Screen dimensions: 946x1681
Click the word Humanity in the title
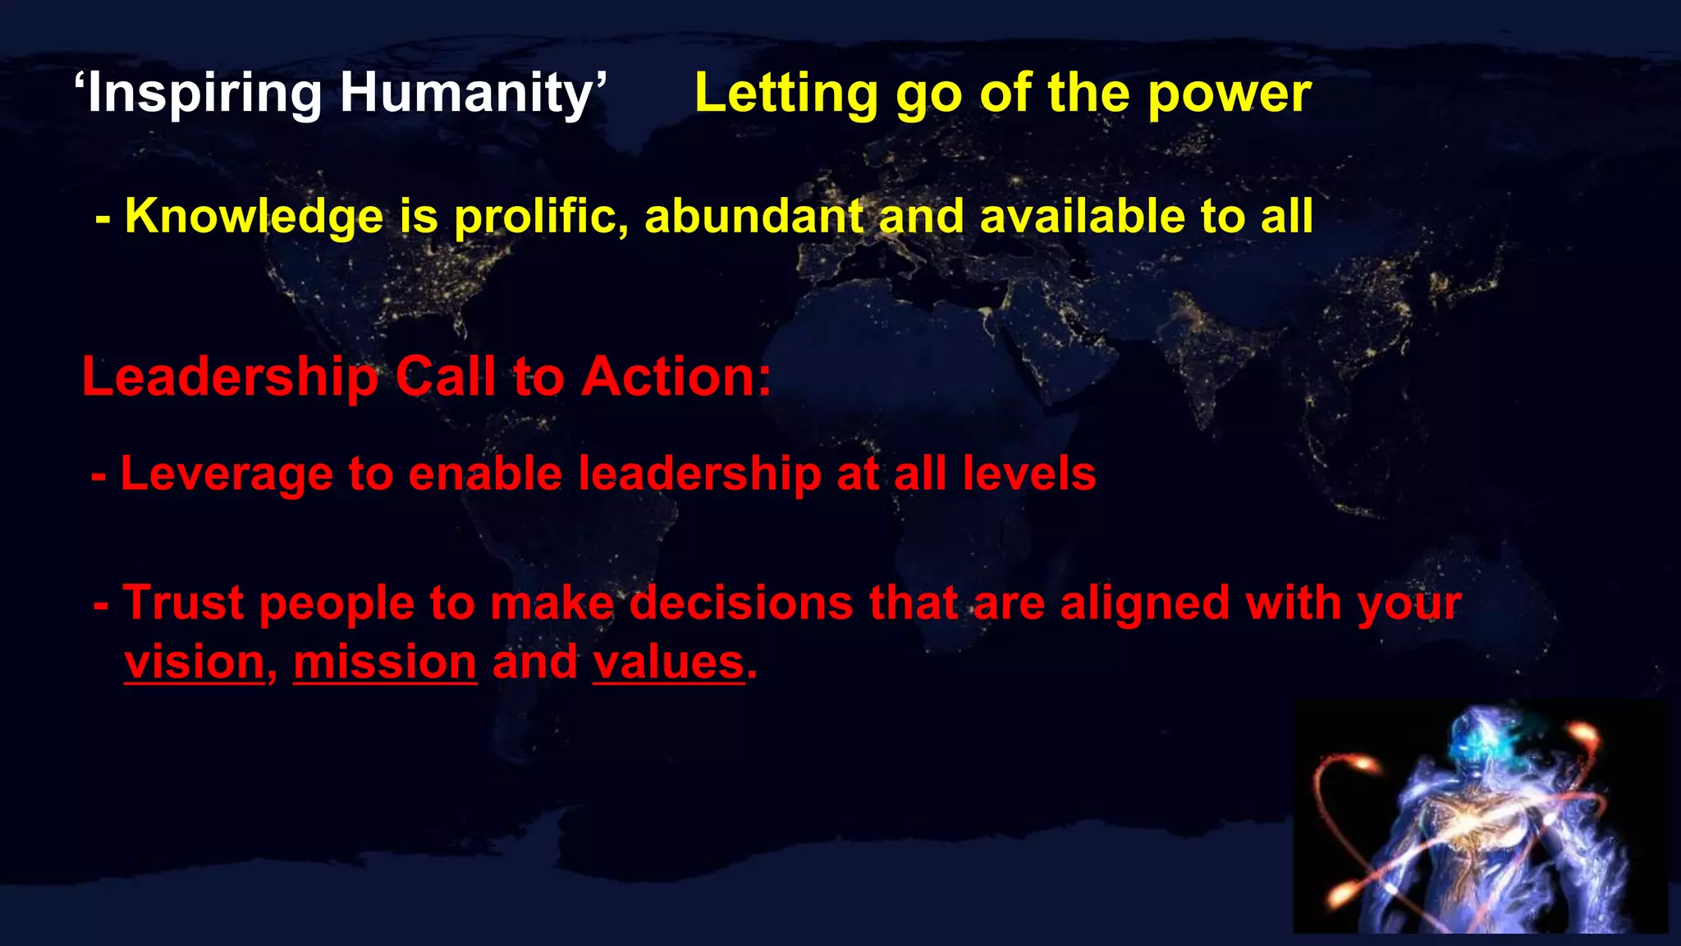[466, 93]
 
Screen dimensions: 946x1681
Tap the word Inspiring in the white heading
[204, 94]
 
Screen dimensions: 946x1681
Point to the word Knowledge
[254, 217]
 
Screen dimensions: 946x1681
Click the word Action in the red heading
[675, 377]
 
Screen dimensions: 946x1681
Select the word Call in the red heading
[446, 377]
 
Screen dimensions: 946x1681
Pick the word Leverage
[227, 475]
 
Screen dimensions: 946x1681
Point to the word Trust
[184, 603]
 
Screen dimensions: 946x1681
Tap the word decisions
[741, 603]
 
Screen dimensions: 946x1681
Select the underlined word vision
[195, 662]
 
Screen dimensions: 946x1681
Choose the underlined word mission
[385, 662]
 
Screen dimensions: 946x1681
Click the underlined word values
[668, 662]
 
